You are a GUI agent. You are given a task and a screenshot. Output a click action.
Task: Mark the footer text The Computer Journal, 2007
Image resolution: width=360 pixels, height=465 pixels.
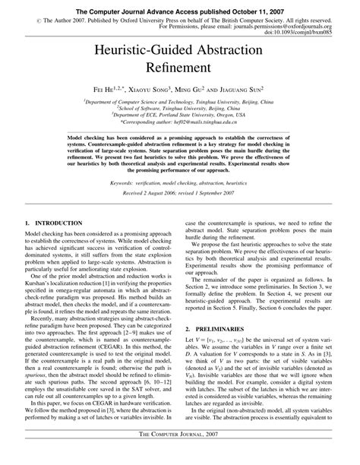(180, 454)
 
